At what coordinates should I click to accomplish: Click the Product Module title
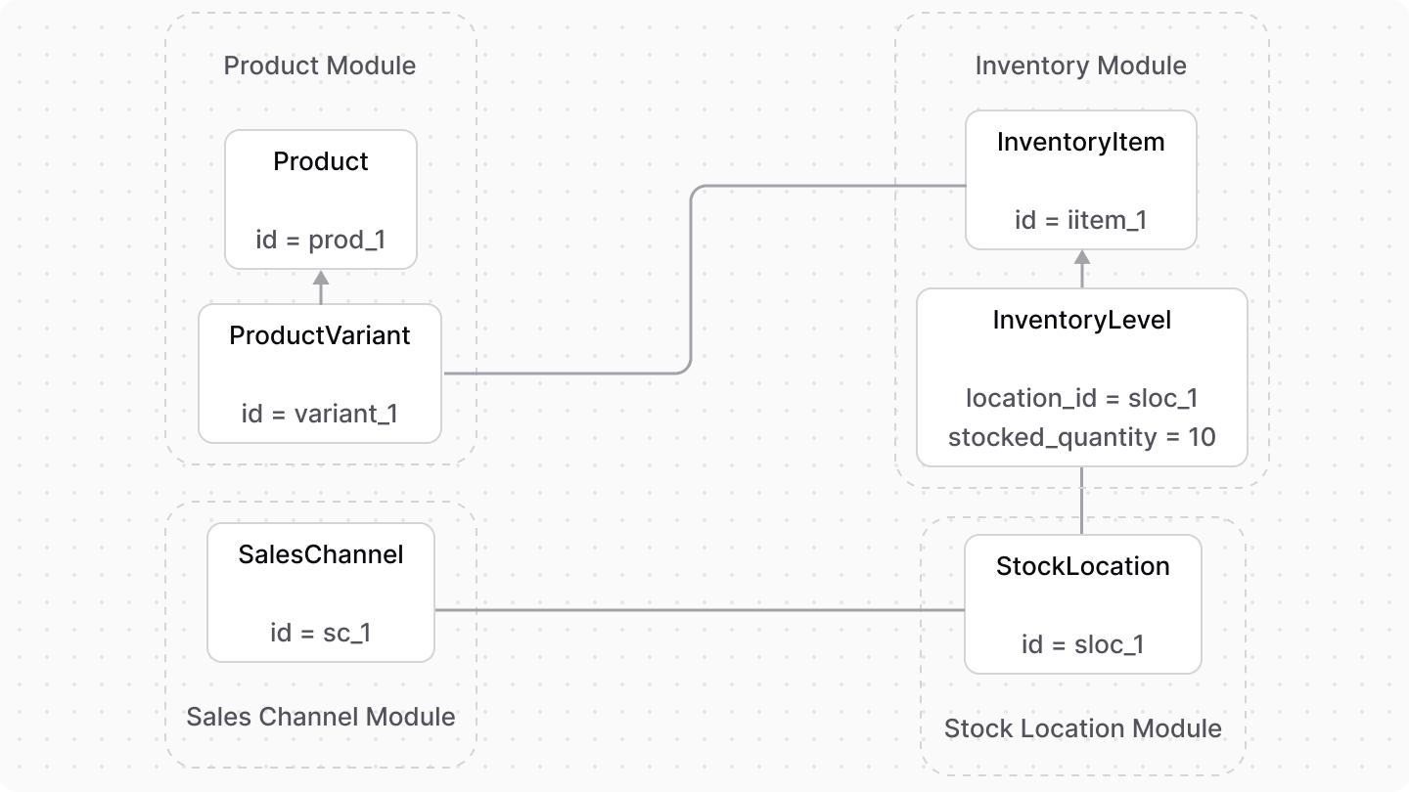point(320,66)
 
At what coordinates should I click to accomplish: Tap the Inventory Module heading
point(1080,66)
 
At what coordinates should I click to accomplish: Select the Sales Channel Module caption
point(321,717)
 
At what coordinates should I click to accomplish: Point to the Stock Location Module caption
point(1082,728)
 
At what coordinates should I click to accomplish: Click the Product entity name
point(321,161)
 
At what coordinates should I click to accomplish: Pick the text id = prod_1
point(321,239)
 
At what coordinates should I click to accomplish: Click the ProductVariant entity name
point(320,335)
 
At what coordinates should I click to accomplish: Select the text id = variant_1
point(320,414)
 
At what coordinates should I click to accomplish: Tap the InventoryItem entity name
point(1080,142)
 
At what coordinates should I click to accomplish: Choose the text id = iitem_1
point(1080,220)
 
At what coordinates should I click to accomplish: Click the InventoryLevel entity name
point(1081,320)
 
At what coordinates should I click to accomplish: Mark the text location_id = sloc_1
point(1081,398)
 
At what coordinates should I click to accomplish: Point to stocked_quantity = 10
point(1081,437)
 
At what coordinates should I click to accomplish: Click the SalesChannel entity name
point(321,554)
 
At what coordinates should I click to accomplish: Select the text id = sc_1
point(321,633)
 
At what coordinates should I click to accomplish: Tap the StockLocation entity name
point(1082,566)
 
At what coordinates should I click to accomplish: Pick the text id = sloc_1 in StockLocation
point(1082,644)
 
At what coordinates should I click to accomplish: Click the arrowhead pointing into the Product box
point(321,278)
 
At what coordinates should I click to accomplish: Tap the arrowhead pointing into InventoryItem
point(1082,258)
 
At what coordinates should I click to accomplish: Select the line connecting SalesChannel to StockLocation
point(699,610)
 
